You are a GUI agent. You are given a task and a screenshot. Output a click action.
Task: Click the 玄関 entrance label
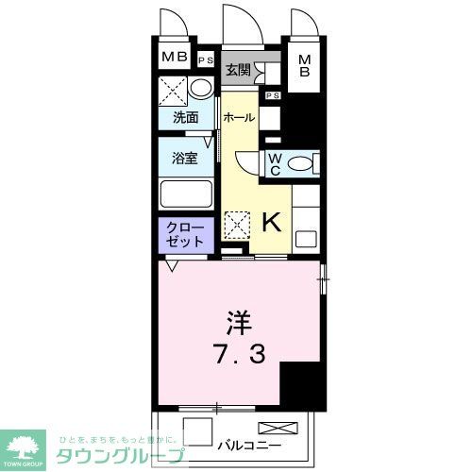(x=237, y=69)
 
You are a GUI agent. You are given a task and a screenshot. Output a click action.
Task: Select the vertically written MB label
(x=305, y=69)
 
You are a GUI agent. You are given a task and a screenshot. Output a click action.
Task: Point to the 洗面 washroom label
(x=185, y=118)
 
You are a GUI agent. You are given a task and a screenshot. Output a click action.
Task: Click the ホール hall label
(x=239, y=118)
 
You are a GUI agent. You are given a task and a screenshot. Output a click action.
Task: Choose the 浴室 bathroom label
(x=184, y=158)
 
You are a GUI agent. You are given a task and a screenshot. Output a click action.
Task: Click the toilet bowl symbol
(x=300, y=164)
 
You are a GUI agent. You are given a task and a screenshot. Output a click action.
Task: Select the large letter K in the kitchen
(x=270, y=223)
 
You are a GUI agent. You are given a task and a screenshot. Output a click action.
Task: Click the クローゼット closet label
(x=185, y=235)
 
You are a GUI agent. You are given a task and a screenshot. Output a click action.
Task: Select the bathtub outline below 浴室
(x=185, y=196)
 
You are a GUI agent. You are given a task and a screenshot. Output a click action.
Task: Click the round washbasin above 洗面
(x=200, y=90)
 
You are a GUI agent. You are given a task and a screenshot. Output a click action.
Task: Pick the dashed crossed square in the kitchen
(x=236, y=224)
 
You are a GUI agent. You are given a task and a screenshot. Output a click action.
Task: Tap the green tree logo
(x=26, y=446)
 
